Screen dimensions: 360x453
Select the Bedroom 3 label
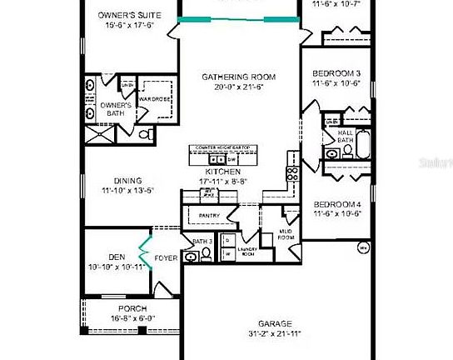pos(337,73)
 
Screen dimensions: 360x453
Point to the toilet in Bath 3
pos(192,257)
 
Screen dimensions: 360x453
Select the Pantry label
pos(210,216)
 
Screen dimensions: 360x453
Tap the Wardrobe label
pos(154,99)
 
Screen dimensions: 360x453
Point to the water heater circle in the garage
pos(363,247)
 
